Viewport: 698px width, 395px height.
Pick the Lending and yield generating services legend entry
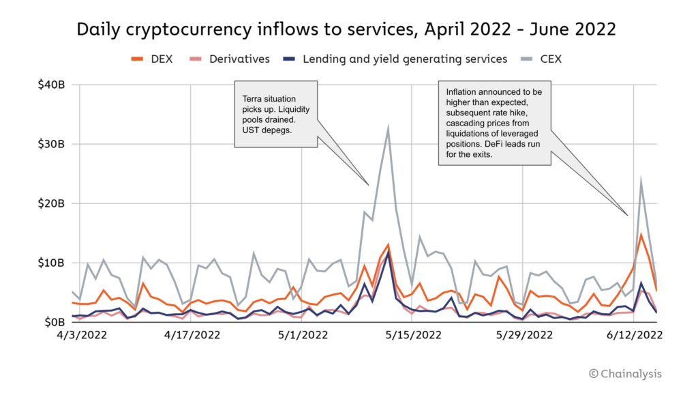click(395, 59)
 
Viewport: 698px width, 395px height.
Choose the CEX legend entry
click(541, 59)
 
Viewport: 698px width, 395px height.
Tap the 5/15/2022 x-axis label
click(413, 336)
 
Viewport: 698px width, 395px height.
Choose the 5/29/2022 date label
click(524, 336)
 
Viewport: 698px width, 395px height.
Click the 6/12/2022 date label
click(635, 336)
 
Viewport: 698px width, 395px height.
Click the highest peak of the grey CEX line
click(388, 128)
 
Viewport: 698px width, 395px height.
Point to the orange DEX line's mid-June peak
click(641, 235)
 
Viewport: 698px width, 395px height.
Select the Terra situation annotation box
click(275, 113)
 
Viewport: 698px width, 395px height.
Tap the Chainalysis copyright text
click(625, 373)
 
